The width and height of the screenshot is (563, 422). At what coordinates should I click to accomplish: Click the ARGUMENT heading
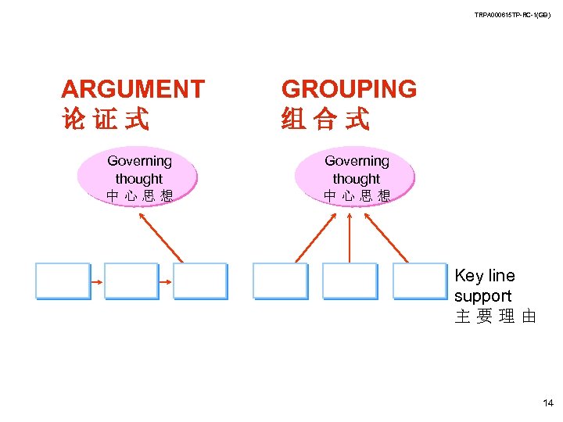[133, 89]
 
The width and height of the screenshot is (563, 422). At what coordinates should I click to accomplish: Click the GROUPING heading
[349, 89]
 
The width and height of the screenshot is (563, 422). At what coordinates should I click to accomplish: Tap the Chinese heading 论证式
[105, 120]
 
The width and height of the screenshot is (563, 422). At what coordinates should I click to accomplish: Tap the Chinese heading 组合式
[325, 120]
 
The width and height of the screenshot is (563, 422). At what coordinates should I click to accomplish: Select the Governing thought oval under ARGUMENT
[139, 176]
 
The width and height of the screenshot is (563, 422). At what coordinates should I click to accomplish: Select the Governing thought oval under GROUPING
[357, 176]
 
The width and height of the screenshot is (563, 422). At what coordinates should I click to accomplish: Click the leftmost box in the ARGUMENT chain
[63, 281]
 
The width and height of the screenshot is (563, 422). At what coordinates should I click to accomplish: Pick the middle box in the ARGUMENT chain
[131, 281]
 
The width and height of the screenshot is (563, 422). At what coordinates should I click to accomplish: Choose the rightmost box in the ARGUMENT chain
[199, 281]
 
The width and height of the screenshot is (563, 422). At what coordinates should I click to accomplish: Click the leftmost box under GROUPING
[280, 281]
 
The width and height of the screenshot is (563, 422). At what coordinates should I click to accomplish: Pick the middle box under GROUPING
[350, 281]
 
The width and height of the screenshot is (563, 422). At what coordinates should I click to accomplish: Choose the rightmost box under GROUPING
[419, 281]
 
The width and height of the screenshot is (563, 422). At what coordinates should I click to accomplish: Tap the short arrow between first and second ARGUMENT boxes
[97, 282]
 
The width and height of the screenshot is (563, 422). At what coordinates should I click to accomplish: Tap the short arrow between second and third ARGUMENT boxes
[165, 282]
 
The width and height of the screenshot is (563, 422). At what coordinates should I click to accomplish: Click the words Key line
[485, 276]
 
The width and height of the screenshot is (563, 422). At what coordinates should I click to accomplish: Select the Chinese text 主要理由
[495, 317]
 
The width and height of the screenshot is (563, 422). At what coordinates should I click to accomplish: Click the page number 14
[547, 403]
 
